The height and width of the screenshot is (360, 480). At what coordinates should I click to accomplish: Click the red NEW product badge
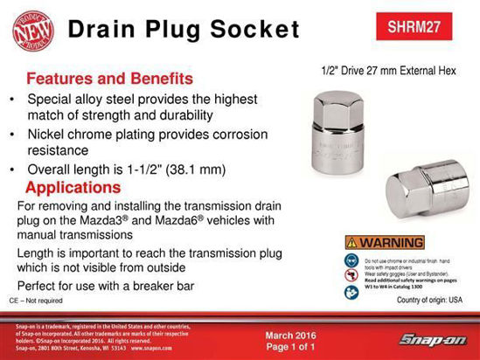[31, 28]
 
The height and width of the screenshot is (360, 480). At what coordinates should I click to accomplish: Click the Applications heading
[73, 188]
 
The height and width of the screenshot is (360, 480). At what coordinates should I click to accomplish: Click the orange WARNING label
[384, 242]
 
